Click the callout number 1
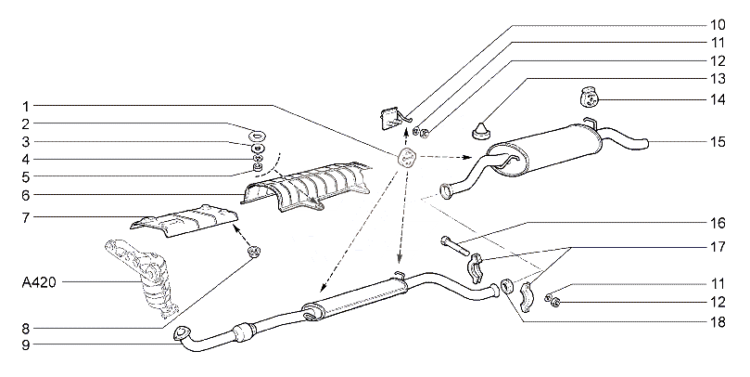pos(27,107)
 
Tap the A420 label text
pos(39,282)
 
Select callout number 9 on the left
pos(26,344)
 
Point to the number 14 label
pos(718,99)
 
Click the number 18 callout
pos(718,322)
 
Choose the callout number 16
pos(718,223)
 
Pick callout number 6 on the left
pos(26,195)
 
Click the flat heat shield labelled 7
pos(184,221)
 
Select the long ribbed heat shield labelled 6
pos(306,188)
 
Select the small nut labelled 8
pos(253,251)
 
